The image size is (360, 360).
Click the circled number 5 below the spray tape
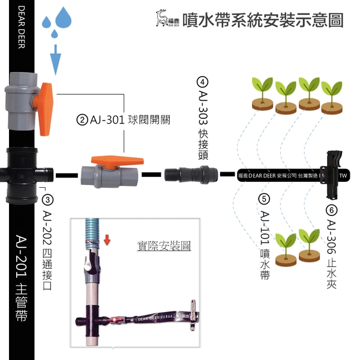pyautogui.click(x=263, y=199)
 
